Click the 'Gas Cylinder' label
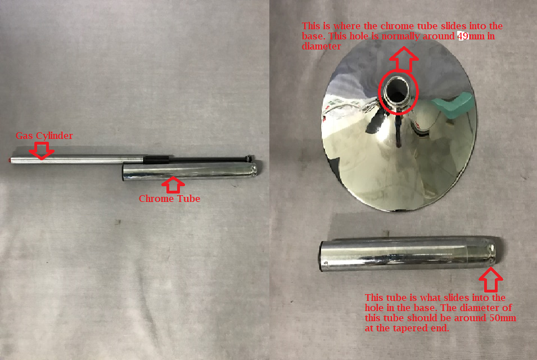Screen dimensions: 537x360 coord(44,136)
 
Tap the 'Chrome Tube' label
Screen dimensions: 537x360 coord(169,199)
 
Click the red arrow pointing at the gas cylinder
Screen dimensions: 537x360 coord(42,151)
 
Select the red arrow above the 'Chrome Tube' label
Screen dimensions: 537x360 coord(173,185)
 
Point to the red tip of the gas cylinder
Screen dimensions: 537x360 coord(10,160)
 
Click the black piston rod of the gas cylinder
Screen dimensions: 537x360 coord(198,159)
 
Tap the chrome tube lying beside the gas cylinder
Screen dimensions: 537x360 coord(190,171)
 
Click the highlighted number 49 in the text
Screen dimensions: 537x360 coord(463,36)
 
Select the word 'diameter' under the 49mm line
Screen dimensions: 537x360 coord(321,46)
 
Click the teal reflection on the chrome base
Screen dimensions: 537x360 coord(453,105)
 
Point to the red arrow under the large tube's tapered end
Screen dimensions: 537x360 coord(491,280)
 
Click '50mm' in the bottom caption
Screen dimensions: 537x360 coord(503,318)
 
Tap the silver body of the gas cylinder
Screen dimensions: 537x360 coord(77,159)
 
